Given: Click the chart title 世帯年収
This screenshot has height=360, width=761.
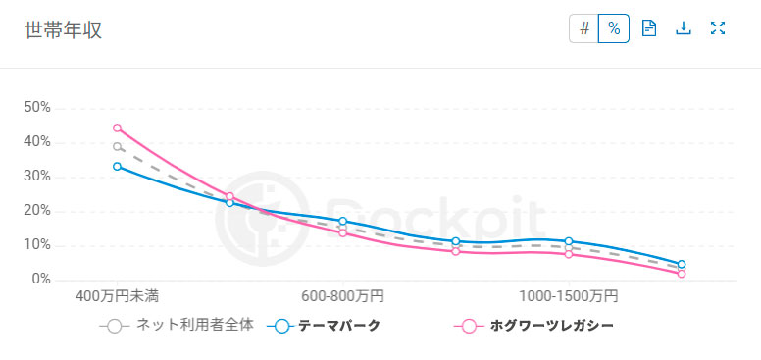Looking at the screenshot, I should pos(63,29).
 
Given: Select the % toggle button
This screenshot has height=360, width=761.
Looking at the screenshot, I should pos(614,28).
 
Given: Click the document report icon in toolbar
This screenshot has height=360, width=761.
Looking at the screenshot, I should pos(648,28).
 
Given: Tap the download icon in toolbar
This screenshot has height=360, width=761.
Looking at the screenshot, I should pos(684,28).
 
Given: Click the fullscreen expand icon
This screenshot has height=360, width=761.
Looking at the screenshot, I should pos(717,28).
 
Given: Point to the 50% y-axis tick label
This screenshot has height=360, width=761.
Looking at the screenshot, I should pos(37,108).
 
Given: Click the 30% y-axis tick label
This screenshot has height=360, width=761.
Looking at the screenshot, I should pos(37,177).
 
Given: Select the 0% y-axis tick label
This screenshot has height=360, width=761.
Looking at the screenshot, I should pos(41,280).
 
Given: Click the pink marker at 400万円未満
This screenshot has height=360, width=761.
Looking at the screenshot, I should pos(117,128).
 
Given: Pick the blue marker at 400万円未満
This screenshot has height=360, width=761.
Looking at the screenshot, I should pos(117,167).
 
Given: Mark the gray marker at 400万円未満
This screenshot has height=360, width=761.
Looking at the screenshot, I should pos(117,147).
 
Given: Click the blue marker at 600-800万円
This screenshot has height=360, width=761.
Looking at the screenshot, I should pos(342,222).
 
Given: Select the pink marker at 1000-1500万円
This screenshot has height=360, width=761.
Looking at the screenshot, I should pos(569,254).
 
